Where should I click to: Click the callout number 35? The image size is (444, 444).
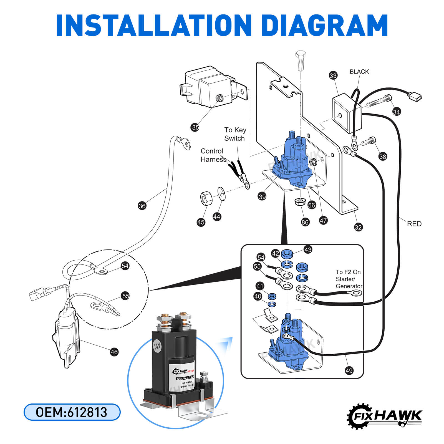tap(195, 127)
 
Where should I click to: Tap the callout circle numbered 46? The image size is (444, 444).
tap(114, 352)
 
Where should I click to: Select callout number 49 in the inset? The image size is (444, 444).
tap(349, 370)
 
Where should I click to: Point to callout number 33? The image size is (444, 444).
tap(333, 75)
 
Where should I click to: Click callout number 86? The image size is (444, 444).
tap(305, 222)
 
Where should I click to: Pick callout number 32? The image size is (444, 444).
tap(358, 227)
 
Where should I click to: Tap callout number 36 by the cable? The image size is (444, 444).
tap(142, 206)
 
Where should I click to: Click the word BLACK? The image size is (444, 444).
tap(359, 72)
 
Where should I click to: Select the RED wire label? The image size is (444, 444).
tap(414, 224)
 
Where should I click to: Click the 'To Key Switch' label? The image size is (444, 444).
tap(235, 134)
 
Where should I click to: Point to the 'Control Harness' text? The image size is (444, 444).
tap(213, 155)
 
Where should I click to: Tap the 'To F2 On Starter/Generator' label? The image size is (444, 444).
tap(349, 279)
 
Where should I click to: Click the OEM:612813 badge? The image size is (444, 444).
tap(72, 412)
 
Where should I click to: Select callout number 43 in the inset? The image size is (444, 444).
tap(308, 249)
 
